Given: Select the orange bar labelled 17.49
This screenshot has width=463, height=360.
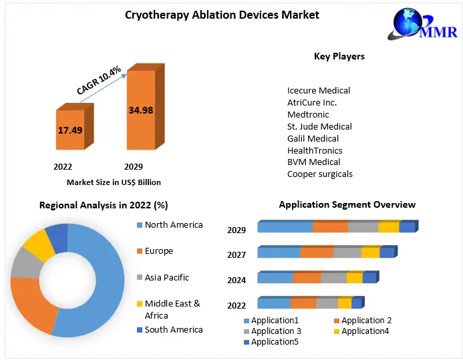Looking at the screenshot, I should (70, 130).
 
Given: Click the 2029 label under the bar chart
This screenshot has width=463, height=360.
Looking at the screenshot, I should (133, 166).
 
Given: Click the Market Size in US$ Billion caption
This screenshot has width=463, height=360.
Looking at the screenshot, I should (114, 182).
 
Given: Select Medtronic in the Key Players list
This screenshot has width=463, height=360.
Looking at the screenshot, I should (308, 114).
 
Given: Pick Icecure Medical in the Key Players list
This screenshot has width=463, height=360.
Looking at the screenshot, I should (319, 90).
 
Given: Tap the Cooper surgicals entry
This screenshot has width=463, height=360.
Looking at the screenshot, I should (320, 174).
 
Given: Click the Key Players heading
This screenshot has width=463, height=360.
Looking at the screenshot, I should (339, 57).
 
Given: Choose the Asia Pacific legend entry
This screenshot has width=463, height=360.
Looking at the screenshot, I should (166, 277).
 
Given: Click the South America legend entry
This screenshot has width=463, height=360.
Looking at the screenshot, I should (173, 329).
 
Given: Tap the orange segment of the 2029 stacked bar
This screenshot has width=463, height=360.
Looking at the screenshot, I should (330, 227).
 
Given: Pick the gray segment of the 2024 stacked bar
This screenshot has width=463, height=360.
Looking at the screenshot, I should (333, 278).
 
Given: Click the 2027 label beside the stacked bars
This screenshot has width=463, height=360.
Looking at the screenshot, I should (237, 254).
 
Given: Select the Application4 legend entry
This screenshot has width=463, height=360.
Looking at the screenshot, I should (365, 331).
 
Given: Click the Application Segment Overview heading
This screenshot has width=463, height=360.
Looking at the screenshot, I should (347, 204).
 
